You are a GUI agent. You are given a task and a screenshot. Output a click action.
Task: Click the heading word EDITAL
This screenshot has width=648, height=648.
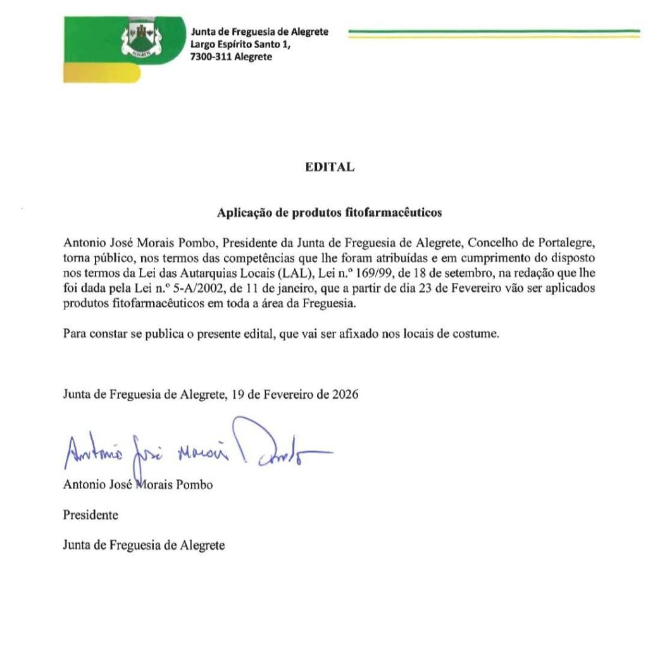point(329,167)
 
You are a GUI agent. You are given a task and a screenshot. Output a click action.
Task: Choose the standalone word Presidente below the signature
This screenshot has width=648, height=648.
point(90,515)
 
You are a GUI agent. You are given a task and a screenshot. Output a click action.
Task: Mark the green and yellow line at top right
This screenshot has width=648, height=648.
point(494,33)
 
